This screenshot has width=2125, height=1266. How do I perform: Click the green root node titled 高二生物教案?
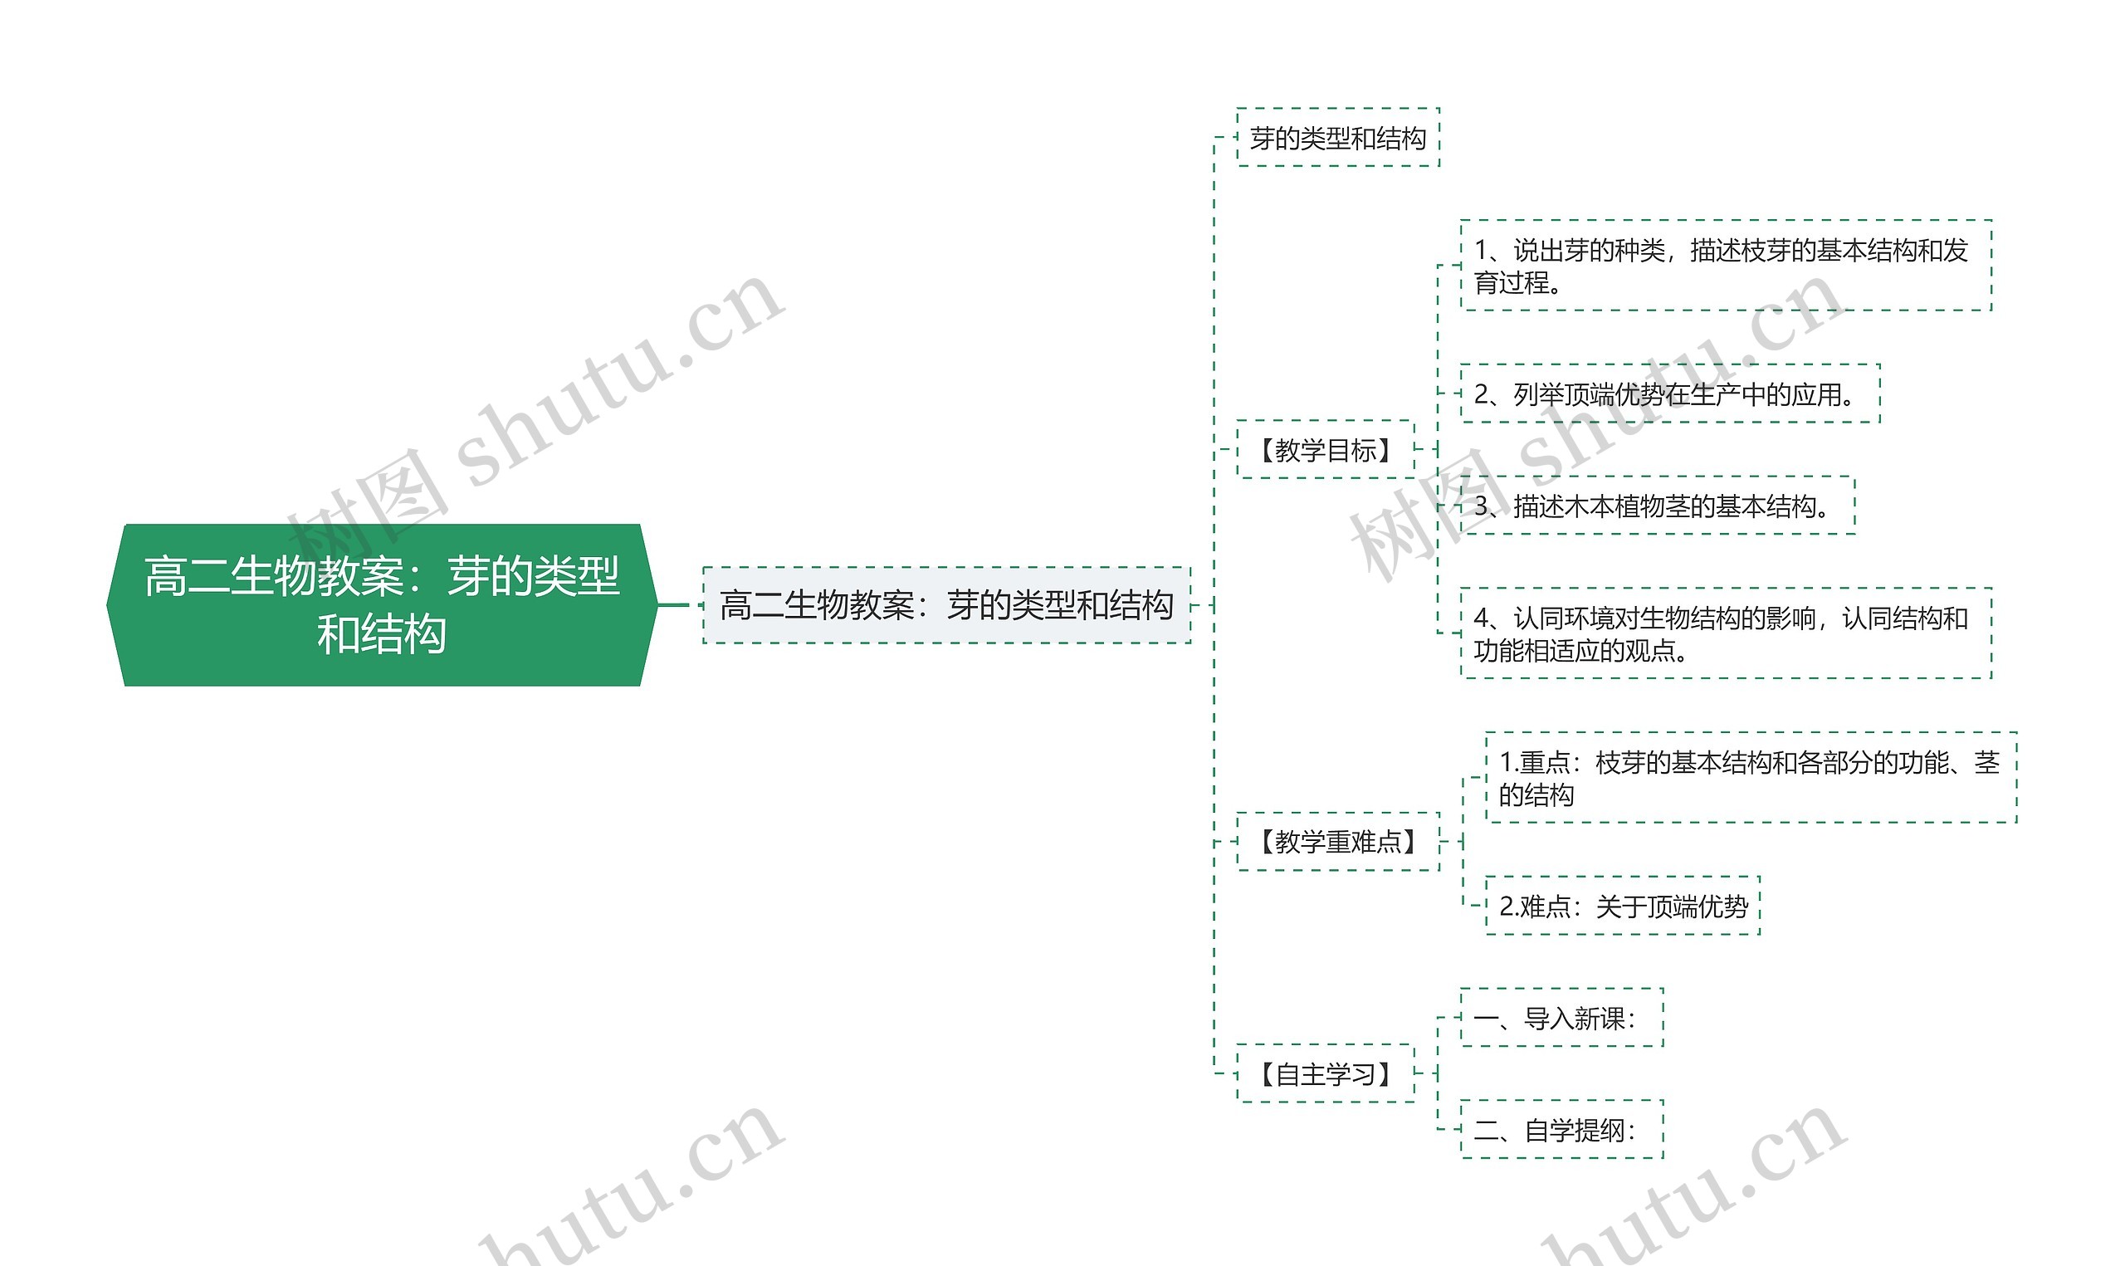[381, 604]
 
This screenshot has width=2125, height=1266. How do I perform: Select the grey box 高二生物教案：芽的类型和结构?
[945, 605]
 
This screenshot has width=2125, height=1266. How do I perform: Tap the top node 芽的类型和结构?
[1337, 137]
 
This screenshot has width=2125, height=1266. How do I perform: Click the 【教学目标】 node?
[1325, 450]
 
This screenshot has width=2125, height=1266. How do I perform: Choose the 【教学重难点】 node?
[1337, 842]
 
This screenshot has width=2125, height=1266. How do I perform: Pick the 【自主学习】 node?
[1325, 1073]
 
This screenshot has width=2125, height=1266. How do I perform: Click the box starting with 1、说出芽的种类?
[1725, 266]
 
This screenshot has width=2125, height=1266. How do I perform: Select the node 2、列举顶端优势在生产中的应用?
[1668, 393]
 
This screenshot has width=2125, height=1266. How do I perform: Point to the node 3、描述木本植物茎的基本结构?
[1657, 506]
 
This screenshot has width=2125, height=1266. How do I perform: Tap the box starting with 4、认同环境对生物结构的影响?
[1725, 633]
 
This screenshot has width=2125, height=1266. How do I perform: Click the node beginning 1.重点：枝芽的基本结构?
[1751, 777]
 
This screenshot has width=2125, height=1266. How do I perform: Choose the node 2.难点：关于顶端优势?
[1622, 906]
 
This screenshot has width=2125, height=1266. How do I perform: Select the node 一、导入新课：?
[1561, 1018]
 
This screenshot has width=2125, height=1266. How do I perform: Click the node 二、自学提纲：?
[1561, 1130]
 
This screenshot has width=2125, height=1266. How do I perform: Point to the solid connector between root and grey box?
[674, 605]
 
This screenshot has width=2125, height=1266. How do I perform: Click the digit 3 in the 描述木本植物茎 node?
[1481, 506]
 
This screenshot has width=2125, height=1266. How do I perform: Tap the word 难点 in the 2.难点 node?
[1545, 906]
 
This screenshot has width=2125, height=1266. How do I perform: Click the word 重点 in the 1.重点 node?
[1545, 762]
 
